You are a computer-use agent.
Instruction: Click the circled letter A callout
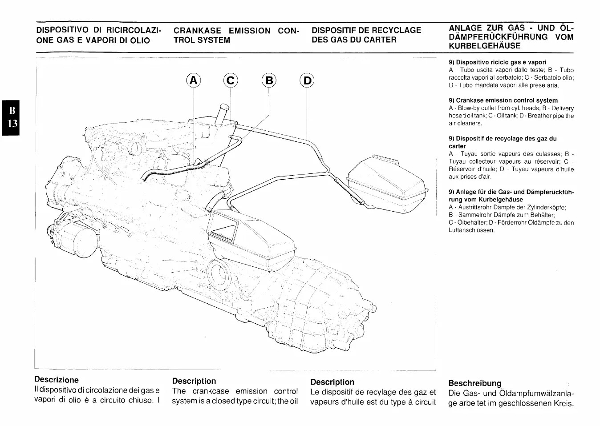coord(194,80)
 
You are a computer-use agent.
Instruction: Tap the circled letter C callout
coord(231,80)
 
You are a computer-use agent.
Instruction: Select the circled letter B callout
coord(269,80)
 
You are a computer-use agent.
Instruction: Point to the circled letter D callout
coord(307,80)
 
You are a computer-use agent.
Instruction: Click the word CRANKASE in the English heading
coord(197,31)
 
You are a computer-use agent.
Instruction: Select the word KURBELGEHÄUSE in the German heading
coord(484,46)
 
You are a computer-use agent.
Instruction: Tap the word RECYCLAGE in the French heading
coord(396,30)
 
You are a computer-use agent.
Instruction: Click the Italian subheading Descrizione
coord(57,380)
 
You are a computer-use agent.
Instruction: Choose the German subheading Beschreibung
coord(474,383)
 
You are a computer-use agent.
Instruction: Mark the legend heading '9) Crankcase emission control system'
coord(503,100)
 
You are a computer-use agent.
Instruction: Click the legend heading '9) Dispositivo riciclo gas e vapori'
coord(497,62)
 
